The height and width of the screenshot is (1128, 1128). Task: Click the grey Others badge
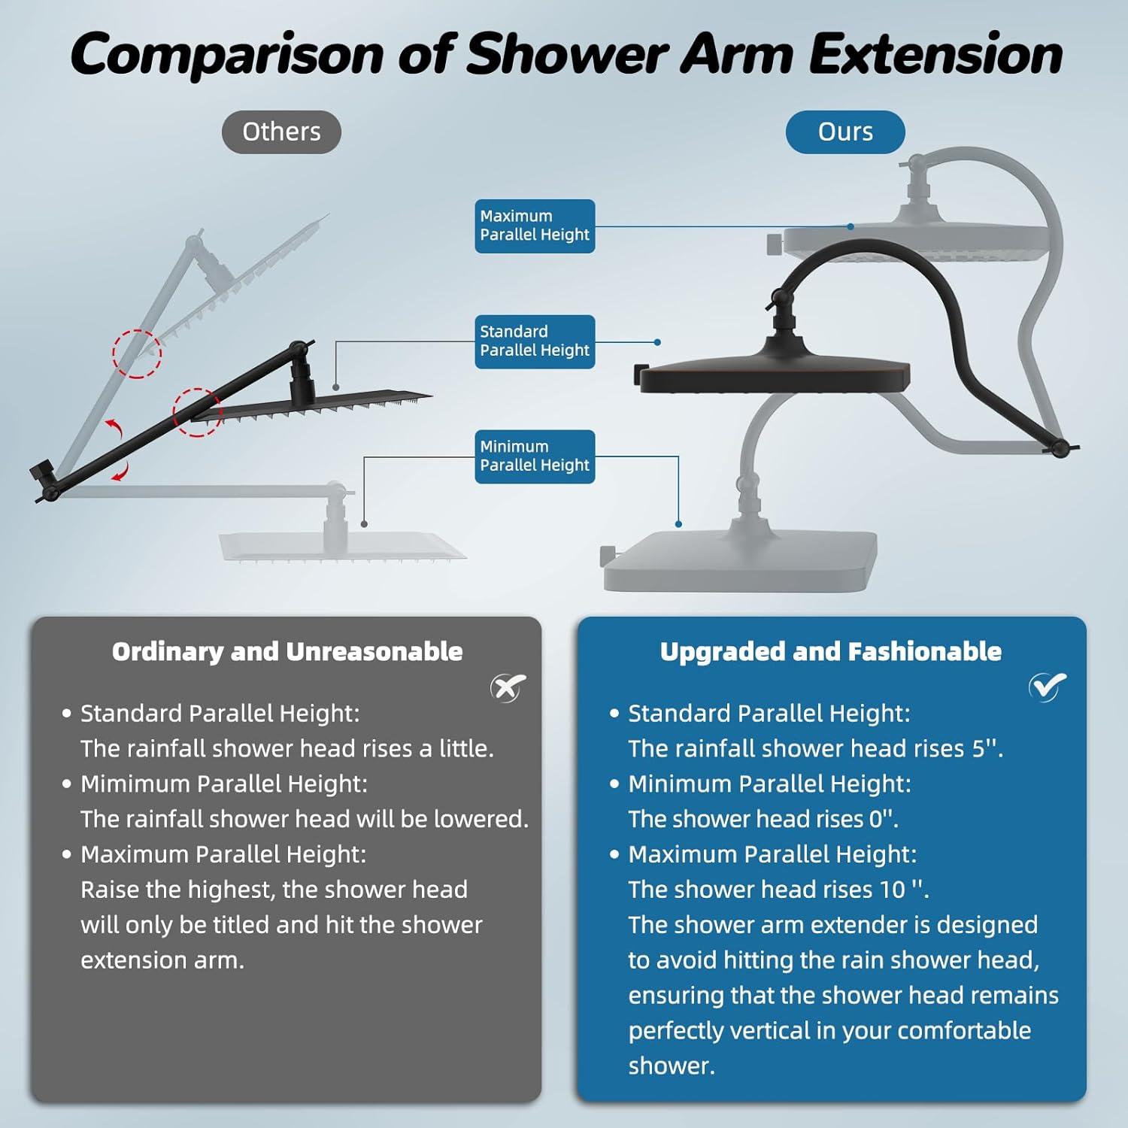[281, 132]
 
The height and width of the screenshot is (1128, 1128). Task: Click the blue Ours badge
[845, 132]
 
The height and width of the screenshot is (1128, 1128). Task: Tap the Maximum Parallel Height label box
[535, 226]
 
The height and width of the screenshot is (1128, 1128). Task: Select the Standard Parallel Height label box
[535, 341]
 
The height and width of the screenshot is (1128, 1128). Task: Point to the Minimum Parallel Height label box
[535, 456]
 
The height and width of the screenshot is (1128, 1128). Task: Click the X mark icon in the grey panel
[508, 687]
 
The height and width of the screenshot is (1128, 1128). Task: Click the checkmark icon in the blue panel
[1047, 685]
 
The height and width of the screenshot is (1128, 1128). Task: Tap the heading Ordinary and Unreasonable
[287, 651]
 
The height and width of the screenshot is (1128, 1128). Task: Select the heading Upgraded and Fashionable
[831, 651]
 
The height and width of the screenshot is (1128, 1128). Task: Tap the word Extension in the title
[935, 54]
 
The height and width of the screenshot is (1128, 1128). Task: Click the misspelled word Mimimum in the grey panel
[136, 784]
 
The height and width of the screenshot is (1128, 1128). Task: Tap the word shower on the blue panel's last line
[672, 1066]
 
